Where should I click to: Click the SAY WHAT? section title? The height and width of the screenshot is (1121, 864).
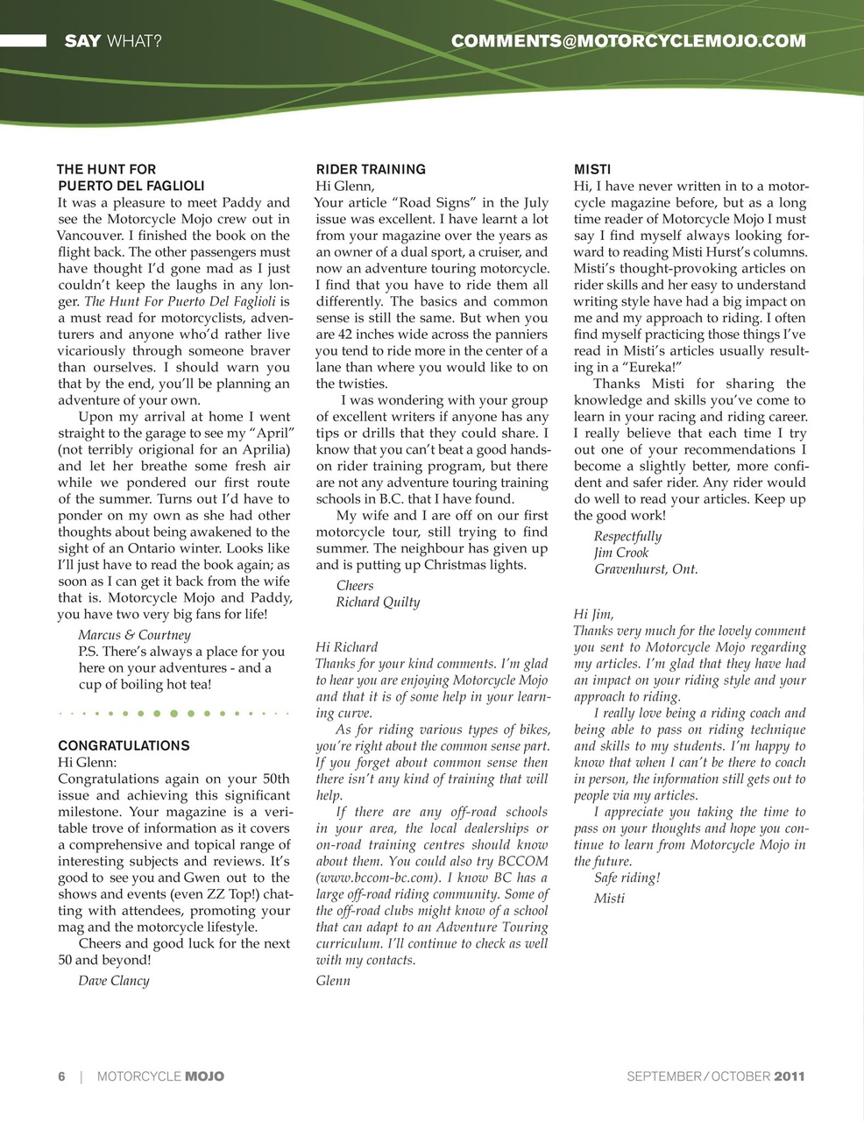[x=113, y=40]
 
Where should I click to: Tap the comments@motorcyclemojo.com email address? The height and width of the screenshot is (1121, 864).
[x=627, y=40]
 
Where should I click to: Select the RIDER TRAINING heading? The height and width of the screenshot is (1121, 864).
[x=370, y=169]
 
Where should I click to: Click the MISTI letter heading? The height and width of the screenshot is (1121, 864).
[x=592, y=169]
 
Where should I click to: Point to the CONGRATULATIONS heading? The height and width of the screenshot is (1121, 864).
[x=124, y=745]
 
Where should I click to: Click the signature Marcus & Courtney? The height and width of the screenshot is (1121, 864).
[x=134, y=635]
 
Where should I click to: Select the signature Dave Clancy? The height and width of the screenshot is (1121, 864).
[x=114, y=981]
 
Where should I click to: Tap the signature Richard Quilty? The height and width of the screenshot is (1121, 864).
[x=378, y=603]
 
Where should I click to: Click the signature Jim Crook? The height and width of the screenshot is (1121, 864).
[x=621, y=553]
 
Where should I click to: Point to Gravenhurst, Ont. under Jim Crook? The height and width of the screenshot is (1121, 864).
[x=646, y=569]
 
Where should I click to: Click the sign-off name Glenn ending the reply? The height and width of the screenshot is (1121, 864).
[x=333, y=981]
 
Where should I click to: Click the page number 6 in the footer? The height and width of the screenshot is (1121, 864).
[x=61, y=1076]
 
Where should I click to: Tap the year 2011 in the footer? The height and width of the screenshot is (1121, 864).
[x=789, y=1076]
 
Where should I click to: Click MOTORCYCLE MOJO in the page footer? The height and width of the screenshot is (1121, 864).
[x=160, y=1076]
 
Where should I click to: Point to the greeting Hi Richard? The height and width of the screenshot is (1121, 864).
[x=346, y=647]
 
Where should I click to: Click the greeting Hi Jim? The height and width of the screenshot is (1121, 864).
[x=593, y=615]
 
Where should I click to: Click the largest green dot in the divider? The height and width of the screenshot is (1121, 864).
[x=174, y=714]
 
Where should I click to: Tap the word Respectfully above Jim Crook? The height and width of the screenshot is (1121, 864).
[x=627, y=537]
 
